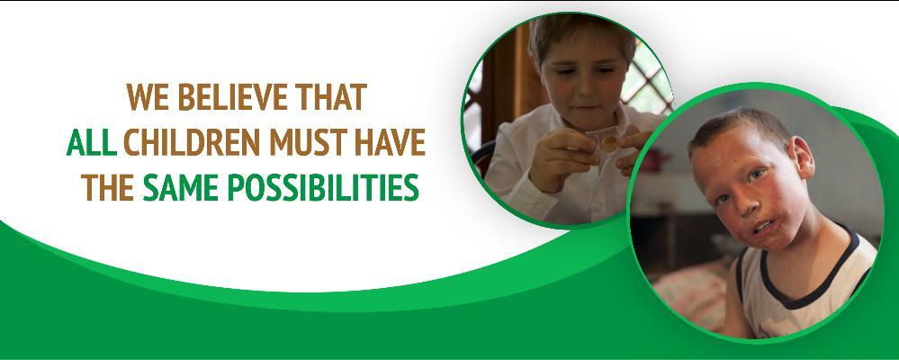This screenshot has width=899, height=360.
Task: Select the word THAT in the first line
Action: pyautogui.click(x=331, y=97)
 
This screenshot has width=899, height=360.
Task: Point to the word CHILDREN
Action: pyautogui.click(x=192, y=142)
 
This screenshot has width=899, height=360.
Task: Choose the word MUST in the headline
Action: pyautogui.click(x=308, y=142)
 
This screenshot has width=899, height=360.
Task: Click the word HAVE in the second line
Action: pyautogui.click(x=390, y=142)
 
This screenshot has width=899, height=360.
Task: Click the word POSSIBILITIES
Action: pyautogui.click(x=323, y=187)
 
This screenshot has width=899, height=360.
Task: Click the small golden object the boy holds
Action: pyautogui.click(x=609, y=144)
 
